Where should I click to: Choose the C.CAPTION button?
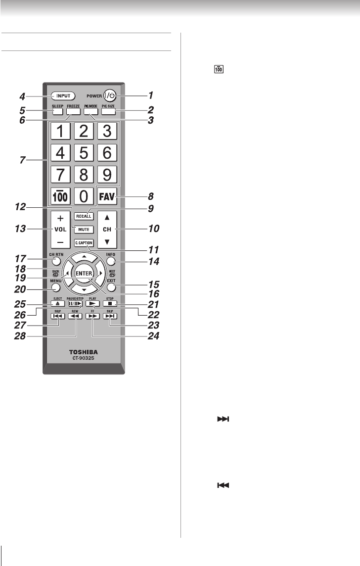[x=84, y=243]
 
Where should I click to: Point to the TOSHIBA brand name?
[x=84, y=353]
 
